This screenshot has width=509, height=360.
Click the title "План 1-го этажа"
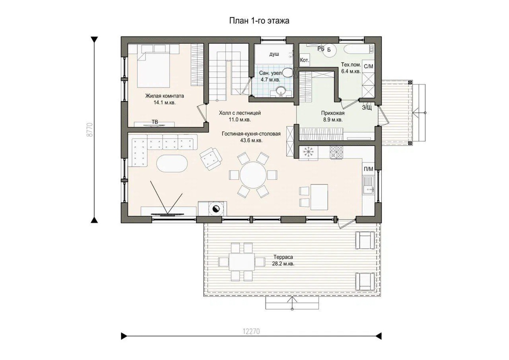click(x=259, y=21)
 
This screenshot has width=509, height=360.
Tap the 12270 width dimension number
click(x=251, y=332)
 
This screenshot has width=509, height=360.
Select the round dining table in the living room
click(x=253, y=175)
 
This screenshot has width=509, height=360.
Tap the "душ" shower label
click(x=274, y=54)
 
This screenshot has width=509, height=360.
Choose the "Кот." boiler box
click(x=305, y=60)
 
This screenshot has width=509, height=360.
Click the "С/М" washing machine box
click(x=368, y=67)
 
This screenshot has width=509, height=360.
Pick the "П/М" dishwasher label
click(x=368, y=169)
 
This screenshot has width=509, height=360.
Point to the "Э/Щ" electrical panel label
click(x=367, y=108)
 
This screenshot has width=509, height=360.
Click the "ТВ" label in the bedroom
click(x=155, y=122)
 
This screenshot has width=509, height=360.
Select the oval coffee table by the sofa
click(x=172, y=164)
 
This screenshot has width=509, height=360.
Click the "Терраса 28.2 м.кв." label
click(x=283, y=260)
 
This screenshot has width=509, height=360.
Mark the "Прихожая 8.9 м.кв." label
click(x=333, y=116)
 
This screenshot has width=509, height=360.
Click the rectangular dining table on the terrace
click(x=242, y=262)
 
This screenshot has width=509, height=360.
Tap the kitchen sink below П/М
click(x=368, y=186)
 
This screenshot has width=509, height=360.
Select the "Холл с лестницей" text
click(x=240, y=113)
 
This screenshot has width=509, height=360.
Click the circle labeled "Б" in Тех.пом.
click(x=329, y=50)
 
